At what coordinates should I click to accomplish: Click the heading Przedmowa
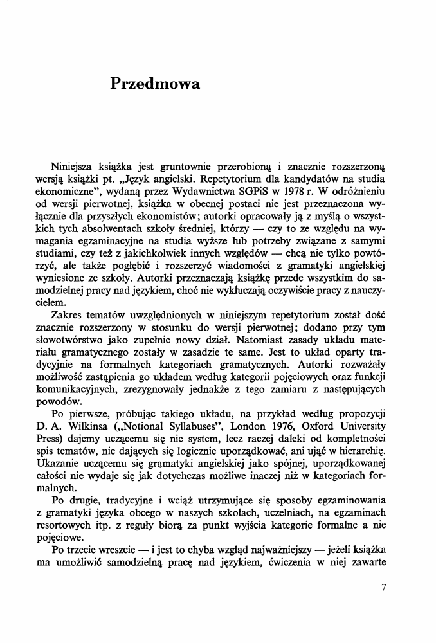coord(155,84)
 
